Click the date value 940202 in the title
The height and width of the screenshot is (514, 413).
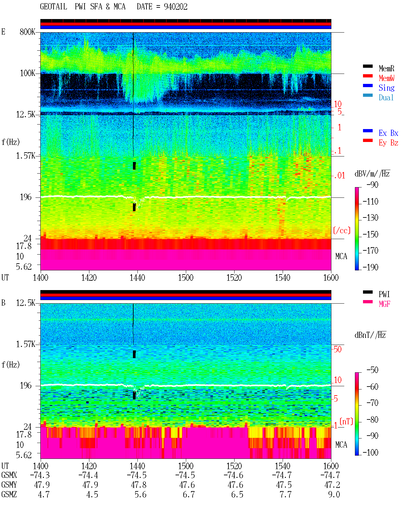(x=176, y=7)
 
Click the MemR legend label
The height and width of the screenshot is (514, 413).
(x=387, y=68)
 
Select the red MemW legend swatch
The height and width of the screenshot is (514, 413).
(x=368, y=76)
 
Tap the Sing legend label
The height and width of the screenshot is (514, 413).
(x=387, y=88)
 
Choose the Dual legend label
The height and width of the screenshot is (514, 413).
(x=386, y=97)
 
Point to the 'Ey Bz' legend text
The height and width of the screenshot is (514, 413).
(x=388, y=143)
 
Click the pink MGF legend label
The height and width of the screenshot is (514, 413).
(x=385, y=304)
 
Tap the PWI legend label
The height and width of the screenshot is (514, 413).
(x=384, y=294)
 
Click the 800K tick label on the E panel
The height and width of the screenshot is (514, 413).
(x=27, y=32)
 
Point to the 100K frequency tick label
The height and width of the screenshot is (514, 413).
(x=27, y=73)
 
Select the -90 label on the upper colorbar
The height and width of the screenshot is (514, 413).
(x=373, y=185)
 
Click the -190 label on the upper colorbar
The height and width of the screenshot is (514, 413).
(x=370, y=267)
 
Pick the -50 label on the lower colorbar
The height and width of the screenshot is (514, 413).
(x=373, y=370)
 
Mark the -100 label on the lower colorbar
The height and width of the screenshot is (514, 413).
(x=370, y=452)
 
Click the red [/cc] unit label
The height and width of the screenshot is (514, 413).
(x=342, y=230)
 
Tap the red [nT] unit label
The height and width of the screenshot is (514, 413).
(x=346, y=421)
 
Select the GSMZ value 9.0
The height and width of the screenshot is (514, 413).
(x=334, y=494)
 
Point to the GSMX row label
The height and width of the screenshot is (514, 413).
(x=9, y=475)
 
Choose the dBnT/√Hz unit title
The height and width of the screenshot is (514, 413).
(x=370, y=335)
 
